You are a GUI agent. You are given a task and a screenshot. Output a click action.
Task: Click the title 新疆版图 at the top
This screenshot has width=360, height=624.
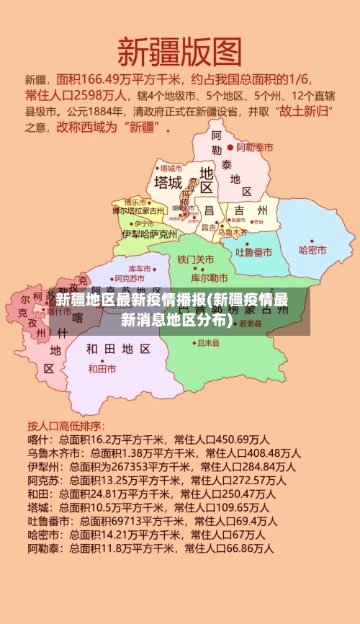[179, 52]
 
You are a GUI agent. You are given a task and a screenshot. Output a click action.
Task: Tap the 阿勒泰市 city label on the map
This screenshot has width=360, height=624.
[255, 147]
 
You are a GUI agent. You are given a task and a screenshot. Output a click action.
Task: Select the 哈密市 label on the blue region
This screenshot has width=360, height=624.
[312, 250]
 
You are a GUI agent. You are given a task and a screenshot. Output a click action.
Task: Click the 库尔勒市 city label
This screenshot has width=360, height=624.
[209, 277]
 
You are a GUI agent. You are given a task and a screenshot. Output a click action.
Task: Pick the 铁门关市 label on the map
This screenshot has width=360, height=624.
[195, 259]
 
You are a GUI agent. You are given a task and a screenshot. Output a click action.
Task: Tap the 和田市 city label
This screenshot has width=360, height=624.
[102, 368]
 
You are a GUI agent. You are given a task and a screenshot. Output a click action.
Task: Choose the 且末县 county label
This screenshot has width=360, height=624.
[208, 343]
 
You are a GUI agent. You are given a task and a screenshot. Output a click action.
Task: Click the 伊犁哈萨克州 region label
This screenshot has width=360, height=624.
[150, 233]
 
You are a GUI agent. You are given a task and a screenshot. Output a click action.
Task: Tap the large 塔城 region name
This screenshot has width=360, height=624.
[168, 182]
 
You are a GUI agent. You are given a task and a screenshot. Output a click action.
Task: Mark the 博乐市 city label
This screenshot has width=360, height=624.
[135, 202]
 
